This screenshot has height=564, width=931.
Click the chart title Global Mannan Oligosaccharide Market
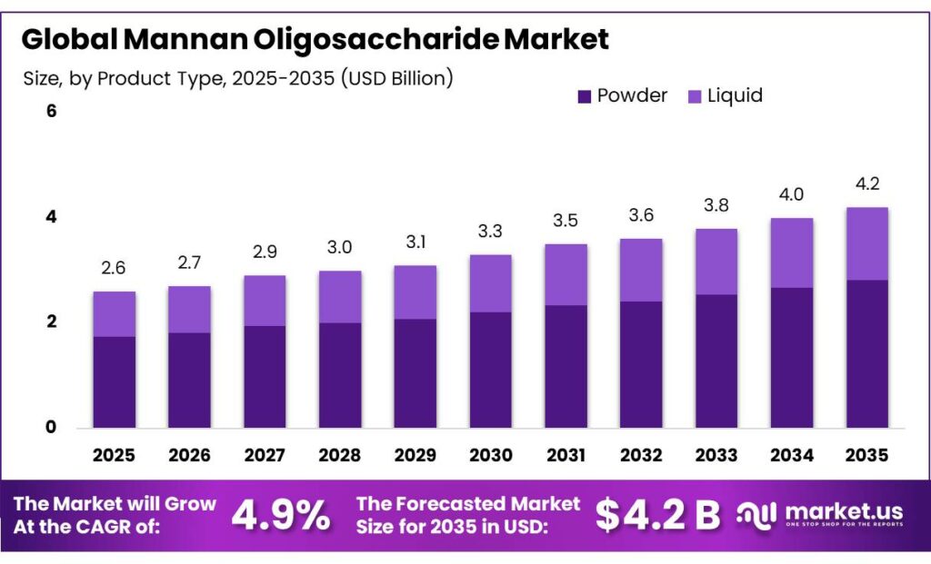pyautogui.click(x=315, y=39)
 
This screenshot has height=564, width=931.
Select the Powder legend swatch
pyautogui.click(x=585, y=95)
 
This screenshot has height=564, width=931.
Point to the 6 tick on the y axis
pyautogui.click(x=52, y=112)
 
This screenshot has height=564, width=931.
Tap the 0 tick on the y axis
pyautogui.click(x=52, y=428)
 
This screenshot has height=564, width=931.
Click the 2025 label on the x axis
pyautogui.click(x=115, y=454)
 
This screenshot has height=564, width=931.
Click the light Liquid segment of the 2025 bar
pyautogui.click(x=115, y=314)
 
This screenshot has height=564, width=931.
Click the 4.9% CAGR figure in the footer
pyautogui.click(x=281, y=515)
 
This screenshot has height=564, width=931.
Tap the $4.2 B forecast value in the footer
pyautogui.click(x=658, y=515)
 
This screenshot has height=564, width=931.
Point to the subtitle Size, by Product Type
pyautogui.click(x=237, y=78)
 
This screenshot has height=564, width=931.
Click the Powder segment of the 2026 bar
pyautogui.click(x=190, y=381)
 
